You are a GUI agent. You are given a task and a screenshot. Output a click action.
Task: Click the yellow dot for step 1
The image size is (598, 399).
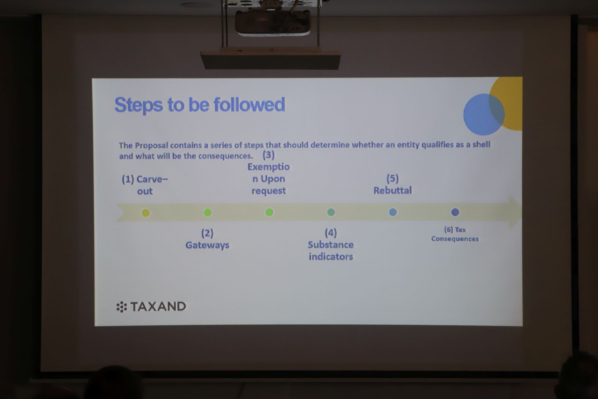pos(146,213)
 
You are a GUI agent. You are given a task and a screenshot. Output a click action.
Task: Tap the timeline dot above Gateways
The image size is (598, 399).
pos(208,213)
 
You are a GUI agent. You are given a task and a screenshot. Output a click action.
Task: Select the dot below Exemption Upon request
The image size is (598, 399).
pos(269,212)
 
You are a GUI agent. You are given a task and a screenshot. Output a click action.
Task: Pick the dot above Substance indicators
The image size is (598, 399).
pos(331,212)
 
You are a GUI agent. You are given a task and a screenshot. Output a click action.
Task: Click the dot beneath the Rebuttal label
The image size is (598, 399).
pos(393,212)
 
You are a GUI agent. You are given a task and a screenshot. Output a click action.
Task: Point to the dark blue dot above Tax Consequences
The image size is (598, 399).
pos(455,212)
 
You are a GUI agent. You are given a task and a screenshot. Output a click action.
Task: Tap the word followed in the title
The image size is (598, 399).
pos(249,105)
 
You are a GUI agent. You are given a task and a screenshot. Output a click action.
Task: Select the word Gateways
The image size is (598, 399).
pos(207,245)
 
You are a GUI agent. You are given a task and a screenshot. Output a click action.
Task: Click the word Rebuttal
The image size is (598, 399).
pos(393,191)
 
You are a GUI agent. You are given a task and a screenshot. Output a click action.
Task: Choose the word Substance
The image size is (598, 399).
pos(331,245)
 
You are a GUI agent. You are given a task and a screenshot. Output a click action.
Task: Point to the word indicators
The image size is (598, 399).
pos(331,257)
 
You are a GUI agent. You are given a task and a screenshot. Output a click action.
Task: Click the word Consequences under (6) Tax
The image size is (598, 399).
pos(455,239)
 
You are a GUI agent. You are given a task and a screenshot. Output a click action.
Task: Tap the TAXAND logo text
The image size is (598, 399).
pos(158,307)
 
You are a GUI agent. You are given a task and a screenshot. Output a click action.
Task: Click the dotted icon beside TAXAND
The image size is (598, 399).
pos(121,307)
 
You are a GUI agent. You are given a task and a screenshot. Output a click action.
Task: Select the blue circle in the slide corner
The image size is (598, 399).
pos(484,114)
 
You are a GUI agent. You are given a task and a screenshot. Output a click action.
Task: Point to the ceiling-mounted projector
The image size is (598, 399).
pos(272,22)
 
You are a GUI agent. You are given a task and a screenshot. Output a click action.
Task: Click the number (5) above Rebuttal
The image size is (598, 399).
pos(393,178)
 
